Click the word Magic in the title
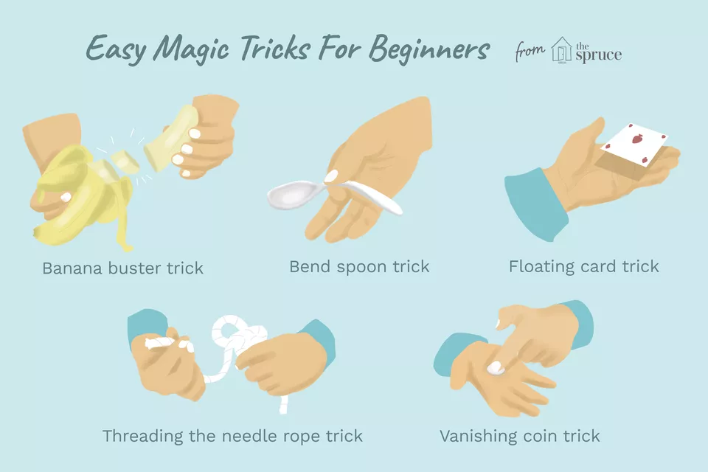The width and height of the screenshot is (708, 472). (192, 49)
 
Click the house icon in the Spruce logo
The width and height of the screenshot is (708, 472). (561, 49)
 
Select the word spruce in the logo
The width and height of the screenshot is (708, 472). (599, 55)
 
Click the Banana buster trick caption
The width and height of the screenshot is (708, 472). (123, 268)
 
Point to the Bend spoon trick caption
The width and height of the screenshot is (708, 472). (359, 266)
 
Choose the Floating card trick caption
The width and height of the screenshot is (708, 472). (584, 266)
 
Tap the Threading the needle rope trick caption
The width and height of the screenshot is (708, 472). (232, 437)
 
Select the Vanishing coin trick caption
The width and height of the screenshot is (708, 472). (520, 437)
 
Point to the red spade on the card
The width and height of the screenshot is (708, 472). (636, 139)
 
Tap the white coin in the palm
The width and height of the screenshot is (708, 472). (496, 368)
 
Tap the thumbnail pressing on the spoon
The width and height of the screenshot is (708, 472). (332, 176)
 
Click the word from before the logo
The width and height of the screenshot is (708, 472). (530, 51)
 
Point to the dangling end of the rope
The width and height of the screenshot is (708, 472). (282, 405)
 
